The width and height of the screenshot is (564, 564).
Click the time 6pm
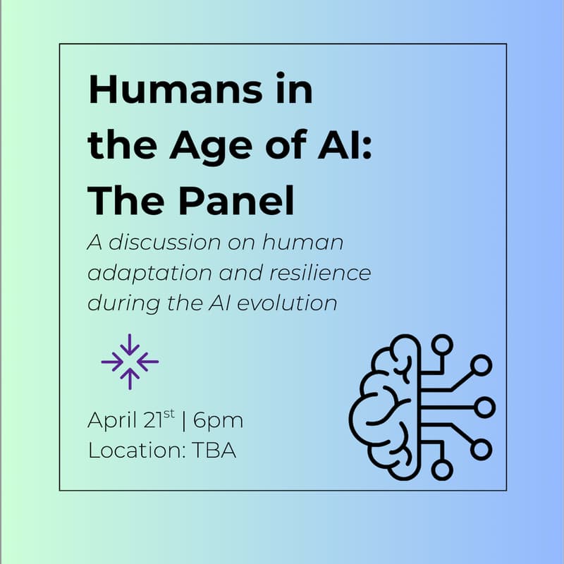(218, 422)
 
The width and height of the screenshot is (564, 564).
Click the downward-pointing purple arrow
(130, 345)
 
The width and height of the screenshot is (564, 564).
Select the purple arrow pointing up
(130, 379)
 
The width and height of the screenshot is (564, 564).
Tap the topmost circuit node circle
(443, 345)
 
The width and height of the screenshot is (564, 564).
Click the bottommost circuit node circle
(443, 470)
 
